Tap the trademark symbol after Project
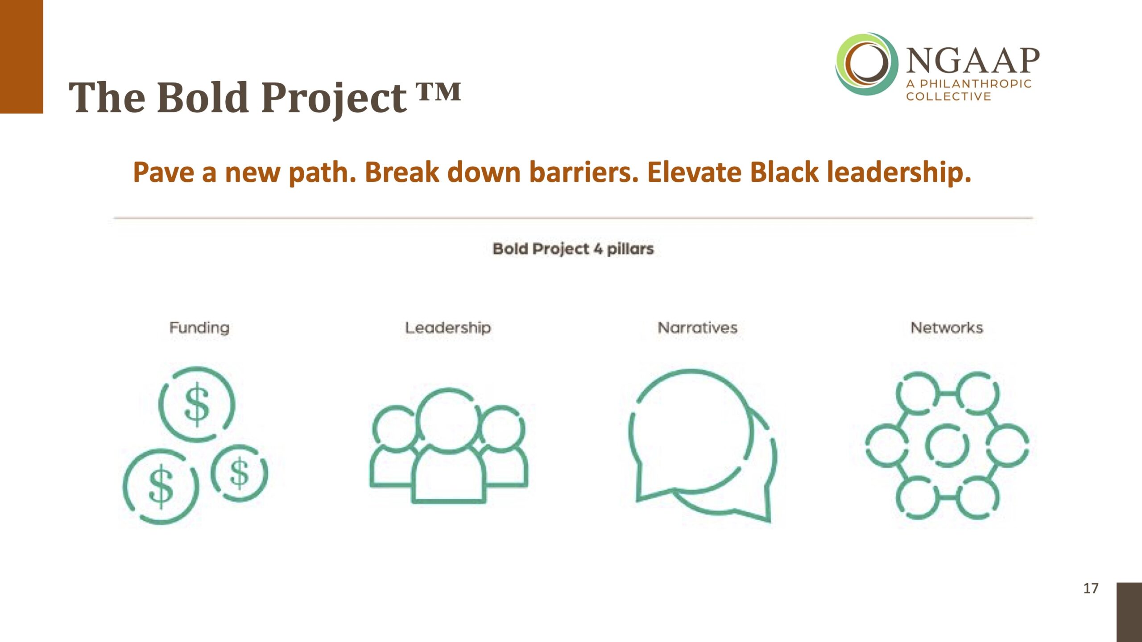pyautogui.click(x=439, y=92)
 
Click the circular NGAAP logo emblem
pyautogui.click(x=867, y=64)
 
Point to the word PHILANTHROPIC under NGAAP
pyautogui.click(x=976, y=84)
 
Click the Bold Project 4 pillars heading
pyautogui.click(x=573, y=249)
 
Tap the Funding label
pyautogui.click(x=199, y=328)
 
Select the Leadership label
pyautogui.click(x=448, y=328)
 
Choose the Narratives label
pyautogui.click(x=698, y=328)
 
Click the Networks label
pyautogui.click(x=947, y=328)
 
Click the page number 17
pyautogui.click(x=1091, y=588)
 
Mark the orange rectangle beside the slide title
pyautogui.click(x=21, y=57)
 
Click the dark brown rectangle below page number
pyautogui.click(x=1129, y=612)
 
